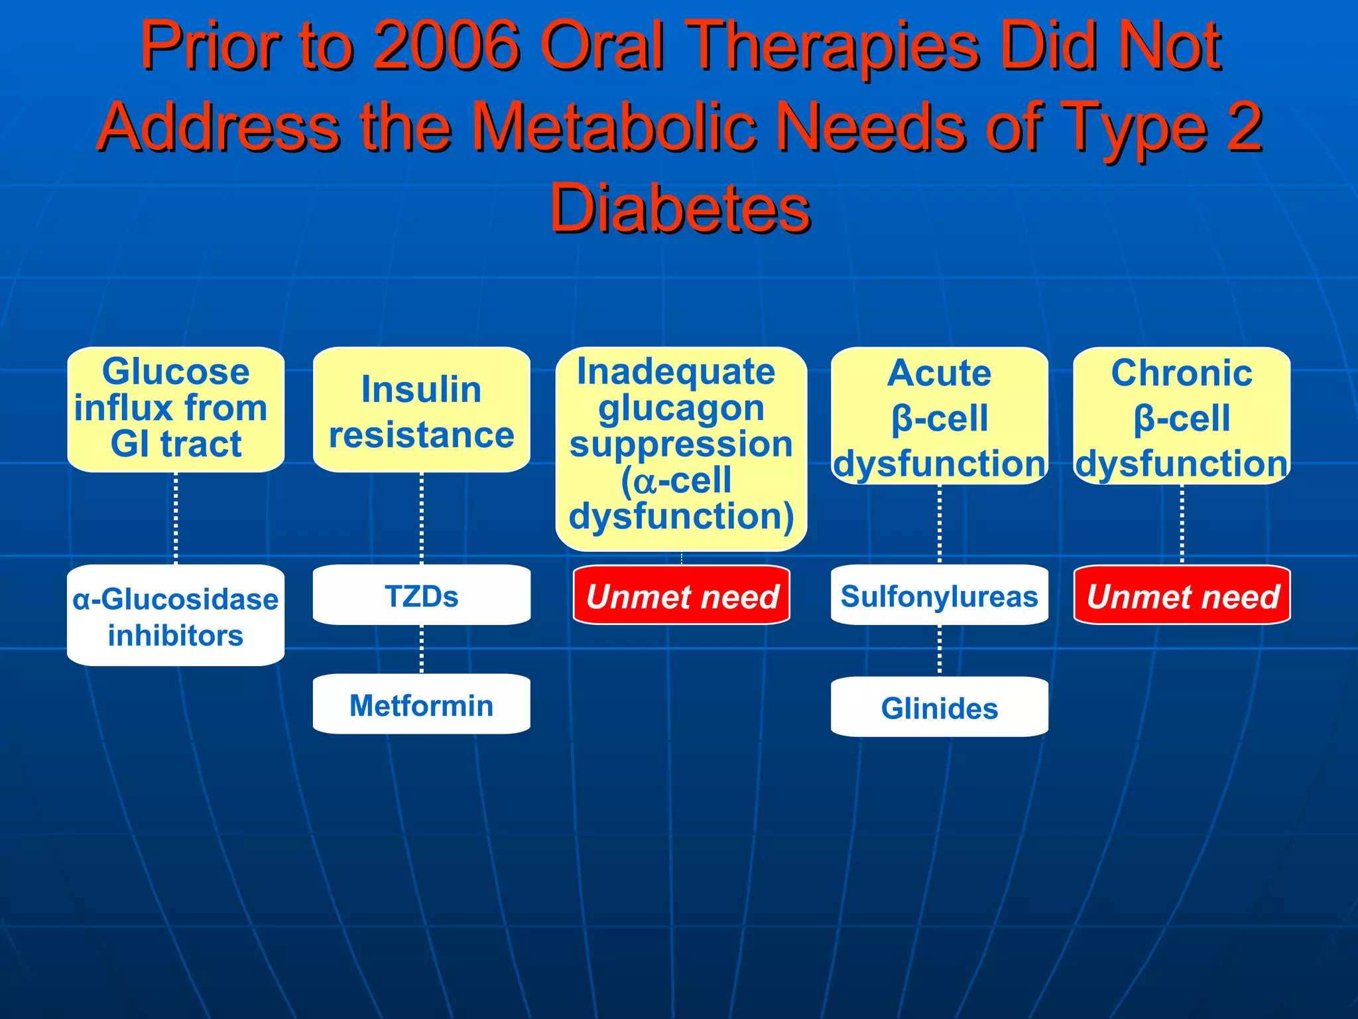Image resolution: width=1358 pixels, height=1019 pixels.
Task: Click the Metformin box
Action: pos(421,705)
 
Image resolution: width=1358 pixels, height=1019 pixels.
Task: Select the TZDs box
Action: pos(421,595)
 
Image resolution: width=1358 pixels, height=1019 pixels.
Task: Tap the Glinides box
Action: pos(939,707)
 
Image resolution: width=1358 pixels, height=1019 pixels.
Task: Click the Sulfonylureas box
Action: pos(939,595)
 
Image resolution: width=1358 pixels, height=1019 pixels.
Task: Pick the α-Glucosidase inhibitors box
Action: pos(176,616)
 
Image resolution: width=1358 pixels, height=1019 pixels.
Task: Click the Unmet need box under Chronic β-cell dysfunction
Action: pos(1182,595)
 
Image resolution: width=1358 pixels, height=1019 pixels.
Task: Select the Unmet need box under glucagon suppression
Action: pos(682,595)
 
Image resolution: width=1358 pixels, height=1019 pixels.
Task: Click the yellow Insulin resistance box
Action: pos(421,410)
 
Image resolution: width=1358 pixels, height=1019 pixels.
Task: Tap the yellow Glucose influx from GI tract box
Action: pos(176,409)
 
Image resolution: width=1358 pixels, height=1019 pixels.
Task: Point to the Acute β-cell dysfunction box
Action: pos(939,417)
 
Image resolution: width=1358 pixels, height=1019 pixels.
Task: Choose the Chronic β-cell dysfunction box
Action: pos(1182,417)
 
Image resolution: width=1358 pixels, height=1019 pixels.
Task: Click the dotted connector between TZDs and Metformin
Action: pos(422,649)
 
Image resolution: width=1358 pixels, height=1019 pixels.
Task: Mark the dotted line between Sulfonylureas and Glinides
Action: pos(940,650)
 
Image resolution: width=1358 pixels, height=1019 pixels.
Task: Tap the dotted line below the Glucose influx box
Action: pos(176,517)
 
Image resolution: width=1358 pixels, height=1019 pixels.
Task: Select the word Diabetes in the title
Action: pos(680,209)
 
